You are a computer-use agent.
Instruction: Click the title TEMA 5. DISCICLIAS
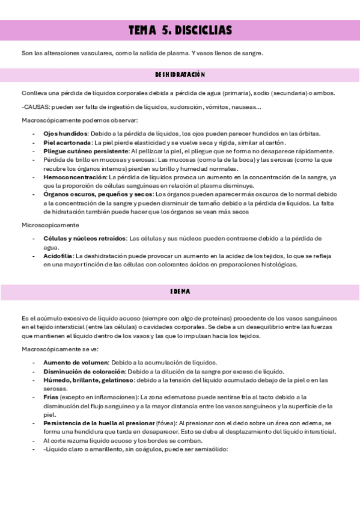click(180, 31)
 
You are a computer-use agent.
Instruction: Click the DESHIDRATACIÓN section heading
click(180, 75)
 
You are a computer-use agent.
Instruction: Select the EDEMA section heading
click(180, 292)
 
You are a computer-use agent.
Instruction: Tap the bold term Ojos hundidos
click(66, 134)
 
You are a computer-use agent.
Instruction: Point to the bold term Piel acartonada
click(67, 143)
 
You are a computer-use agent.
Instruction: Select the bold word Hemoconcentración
click(75, 177)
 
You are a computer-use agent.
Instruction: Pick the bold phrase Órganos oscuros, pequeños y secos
click(98, 195)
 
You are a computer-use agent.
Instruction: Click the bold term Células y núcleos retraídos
click(85, 239)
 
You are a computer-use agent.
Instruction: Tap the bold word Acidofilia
click(58, 256)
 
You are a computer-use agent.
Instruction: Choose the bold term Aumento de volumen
click(76, 363)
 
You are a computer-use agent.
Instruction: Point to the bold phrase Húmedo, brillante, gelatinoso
click(88, 380)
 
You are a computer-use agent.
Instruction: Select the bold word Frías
click(51, 398)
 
